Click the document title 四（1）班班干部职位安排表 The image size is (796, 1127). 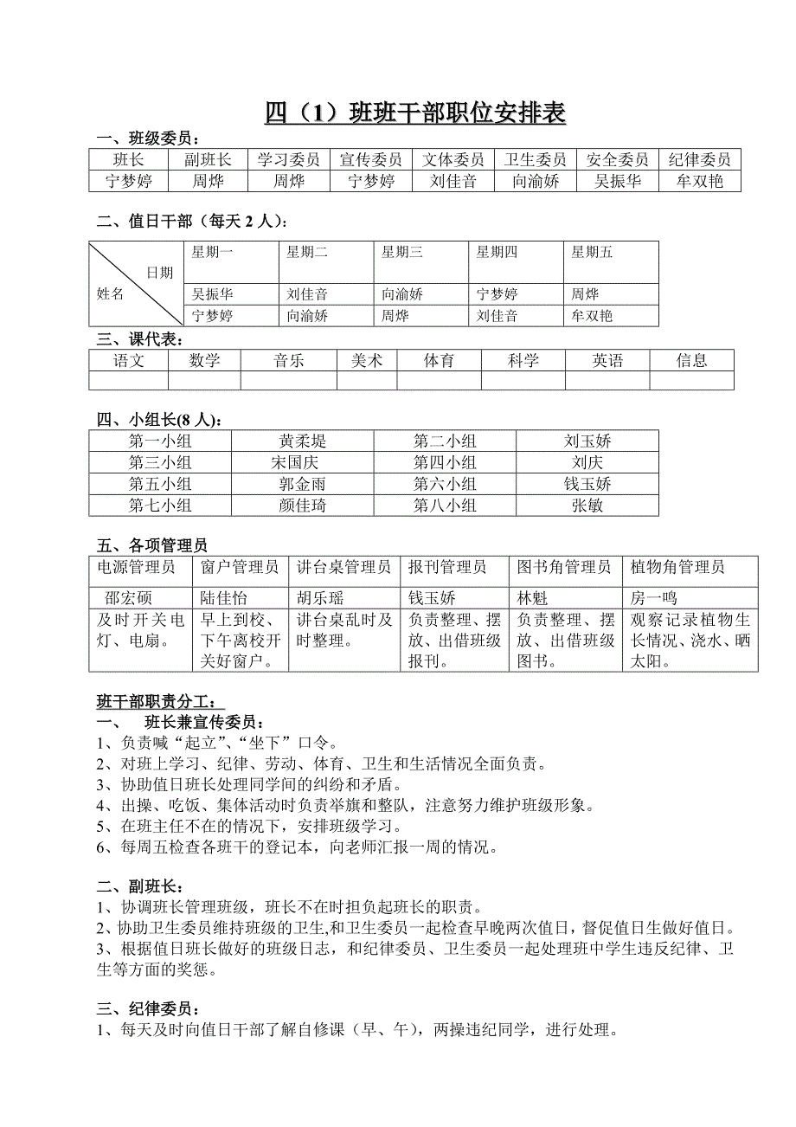click(415, 113)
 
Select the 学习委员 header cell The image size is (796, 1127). click(288, 159)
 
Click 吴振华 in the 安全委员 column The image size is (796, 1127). click(618, 181)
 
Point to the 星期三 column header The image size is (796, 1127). click(401, 253)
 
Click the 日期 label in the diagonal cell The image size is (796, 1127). click(159, 273)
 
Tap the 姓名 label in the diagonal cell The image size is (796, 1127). click(110, 294)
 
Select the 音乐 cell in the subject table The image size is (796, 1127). click(288, 360)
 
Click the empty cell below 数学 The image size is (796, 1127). click(204, 380)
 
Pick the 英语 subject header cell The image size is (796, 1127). click(607, 360)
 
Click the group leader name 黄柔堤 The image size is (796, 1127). click(303, 441)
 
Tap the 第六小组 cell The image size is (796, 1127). click(445, 484)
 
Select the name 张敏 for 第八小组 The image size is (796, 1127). click(587, 506)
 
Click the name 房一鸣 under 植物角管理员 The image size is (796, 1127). click(654, 598)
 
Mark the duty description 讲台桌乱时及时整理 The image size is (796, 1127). click(344, 630)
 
